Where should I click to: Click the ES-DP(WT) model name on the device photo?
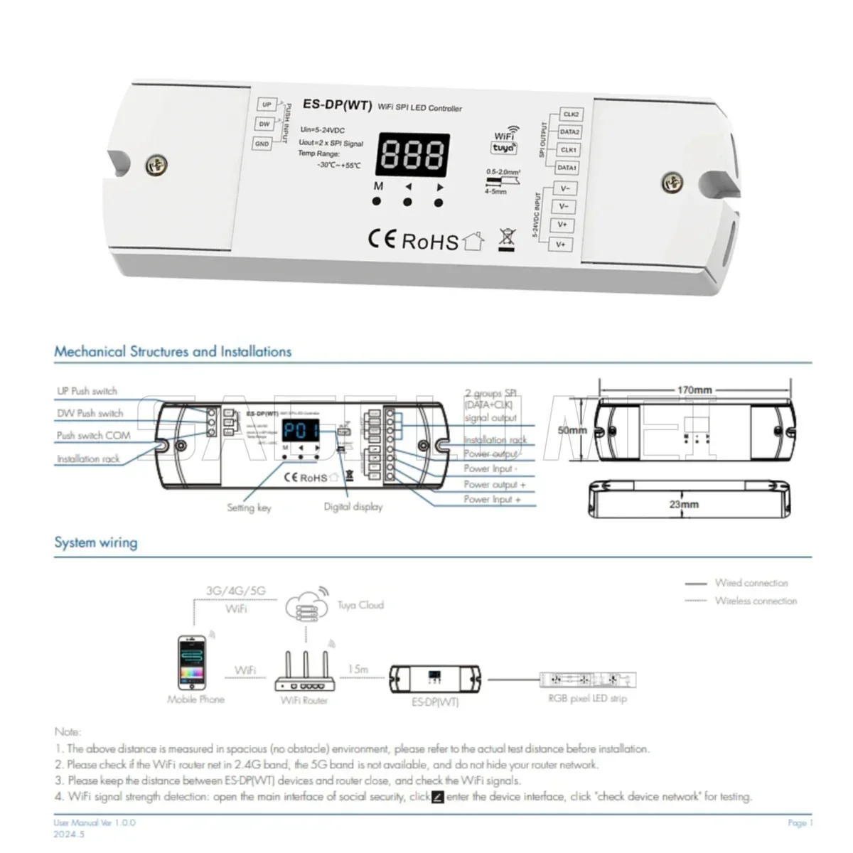[x=337, y=104]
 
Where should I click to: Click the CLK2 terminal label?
[x=570, y=114]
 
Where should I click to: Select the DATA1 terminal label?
[x=567, y=168]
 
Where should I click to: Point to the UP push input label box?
[x=267, y=104]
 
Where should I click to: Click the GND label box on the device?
[x=262, y=144]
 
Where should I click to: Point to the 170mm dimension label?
[x=694, y=390]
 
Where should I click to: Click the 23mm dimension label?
[x=684, y=505]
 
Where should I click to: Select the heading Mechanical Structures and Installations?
[x=173, y=351]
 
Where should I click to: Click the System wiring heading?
[x=96, y=542]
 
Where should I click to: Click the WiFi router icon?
[x=304, y=672]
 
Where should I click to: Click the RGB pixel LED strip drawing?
[x=587, y=679]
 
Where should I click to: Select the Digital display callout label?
[x=353, y=507]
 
